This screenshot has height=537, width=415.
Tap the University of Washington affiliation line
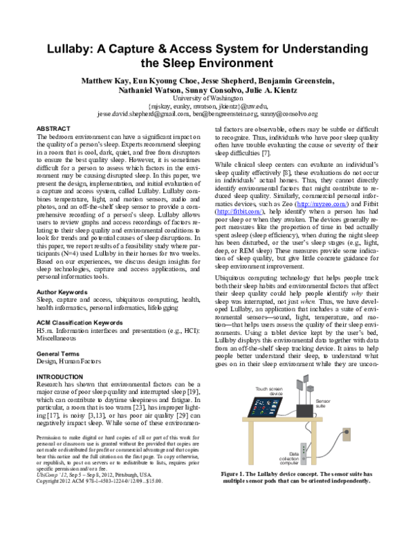(x=207, y=99)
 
